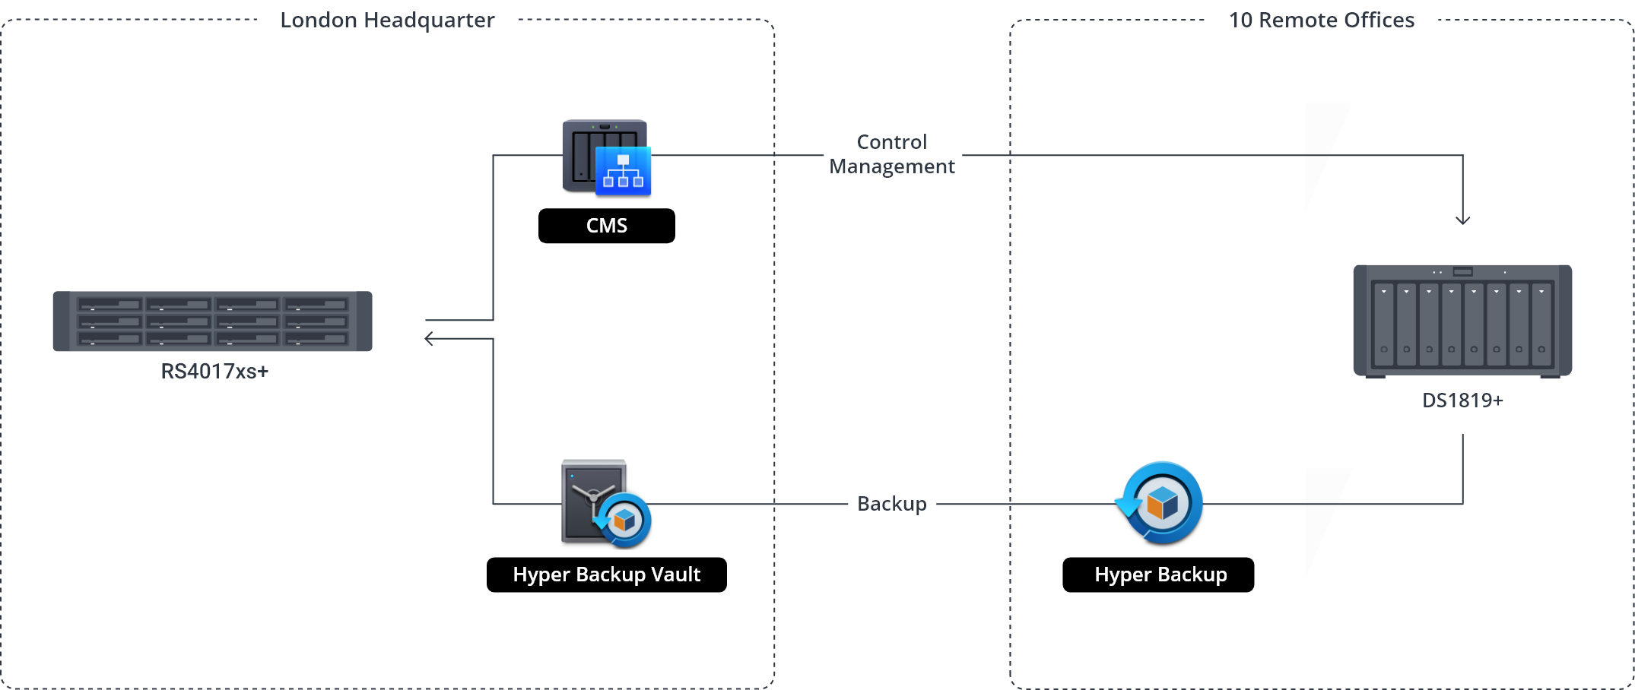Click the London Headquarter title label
click(x=387, y=20)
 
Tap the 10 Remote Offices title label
click(x=1322, y=20)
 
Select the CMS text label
click(x=607, y=226)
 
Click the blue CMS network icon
click(x=623, y=171)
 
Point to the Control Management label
click(x=892, y=153)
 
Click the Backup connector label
click(x=892, y=504)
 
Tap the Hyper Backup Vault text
click(x=607, y=574)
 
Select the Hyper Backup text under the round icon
click(x=1160, y=574)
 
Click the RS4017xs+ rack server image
click(x=212, y=321)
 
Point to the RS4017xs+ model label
click(x=214, y=372)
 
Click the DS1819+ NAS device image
click(x=1462, y=320)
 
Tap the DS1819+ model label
click(x=1462, y=400)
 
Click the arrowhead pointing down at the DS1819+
click(x=1462, y=220)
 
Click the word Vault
click(x=676, y=574)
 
